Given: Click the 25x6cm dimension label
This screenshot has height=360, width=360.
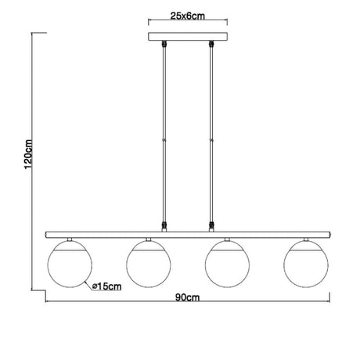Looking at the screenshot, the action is click(188, 16).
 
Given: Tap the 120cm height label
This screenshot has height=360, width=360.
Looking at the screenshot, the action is click(28, 154).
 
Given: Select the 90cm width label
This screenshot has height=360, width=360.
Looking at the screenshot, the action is click(187, 297).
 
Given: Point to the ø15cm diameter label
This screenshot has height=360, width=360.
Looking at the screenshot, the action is click(107, 286).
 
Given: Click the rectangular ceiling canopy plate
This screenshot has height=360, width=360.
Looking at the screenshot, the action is click(188, 37).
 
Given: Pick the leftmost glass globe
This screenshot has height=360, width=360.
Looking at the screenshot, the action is click(70, 264).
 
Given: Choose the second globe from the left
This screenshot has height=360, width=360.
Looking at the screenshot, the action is click(149, 264).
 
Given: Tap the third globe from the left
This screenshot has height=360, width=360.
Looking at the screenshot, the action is click(227, 264).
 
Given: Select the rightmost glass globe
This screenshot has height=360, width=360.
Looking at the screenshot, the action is click(306, 264).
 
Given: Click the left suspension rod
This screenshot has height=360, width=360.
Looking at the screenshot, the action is click(164, 135).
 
